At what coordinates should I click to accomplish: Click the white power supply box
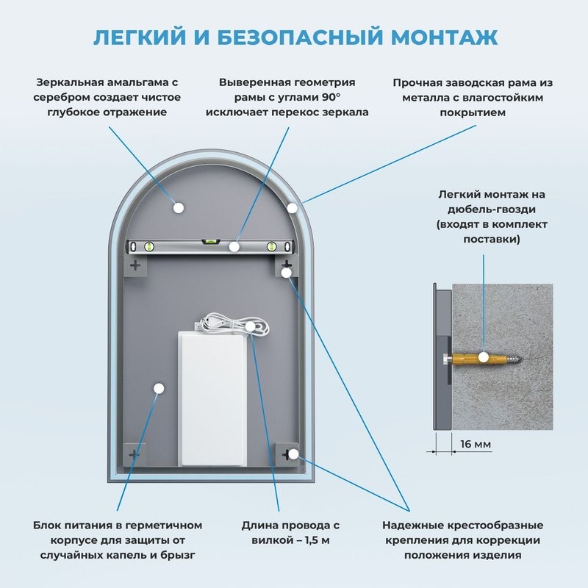click(213, 397)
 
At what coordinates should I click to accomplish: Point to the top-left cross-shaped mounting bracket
click(135, 265)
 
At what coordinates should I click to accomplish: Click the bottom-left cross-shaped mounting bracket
click(134, 455)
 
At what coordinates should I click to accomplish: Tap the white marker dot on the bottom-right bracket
click(293, 454)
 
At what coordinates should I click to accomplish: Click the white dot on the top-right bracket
click(287, 273)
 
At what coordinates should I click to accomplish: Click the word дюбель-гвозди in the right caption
click(491, 209)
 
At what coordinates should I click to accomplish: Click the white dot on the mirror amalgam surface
click(177, 208)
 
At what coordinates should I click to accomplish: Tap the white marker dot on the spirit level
click(234, 247)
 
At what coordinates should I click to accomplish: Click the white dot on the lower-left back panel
click(158, 387)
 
